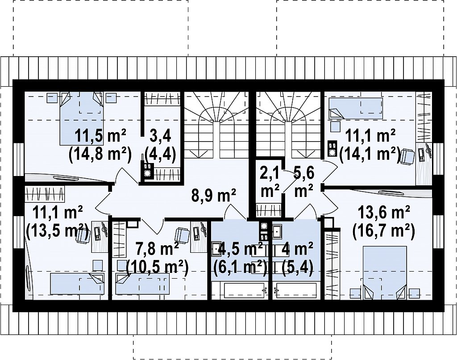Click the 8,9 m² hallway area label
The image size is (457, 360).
tap(214, 196)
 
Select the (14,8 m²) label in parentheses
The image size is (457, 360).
tap(100, 153)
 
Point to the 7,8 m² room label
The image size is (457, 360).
tap(158, 250)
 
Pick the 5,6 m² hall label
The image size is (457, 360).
tap(303, 182)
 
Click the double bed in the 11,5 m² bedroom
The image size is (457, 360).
tap(82, 118)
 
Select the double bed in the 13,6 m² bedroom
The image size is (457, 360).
tap(384, 273)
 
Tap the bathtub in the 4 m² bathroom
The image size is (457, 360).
tap(296, 290)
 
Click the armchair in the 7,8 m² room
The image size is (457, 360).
tap(183, 235)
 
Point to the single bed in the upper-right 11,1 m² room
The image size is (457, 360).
tap(356, 108)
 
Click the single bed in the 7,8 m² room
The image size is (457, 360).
tap(142, 283)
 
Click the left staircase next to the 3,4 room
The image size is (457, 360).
tap(216, 126)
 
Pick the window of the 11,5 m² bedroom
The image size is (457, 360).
tap(19, 159)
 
